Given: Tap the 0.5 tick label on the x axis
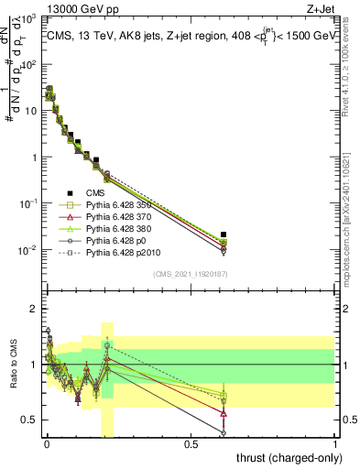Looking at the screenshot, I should click(191, 445).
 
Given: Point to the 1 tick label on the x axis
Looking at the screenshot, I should click(336, 445).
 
